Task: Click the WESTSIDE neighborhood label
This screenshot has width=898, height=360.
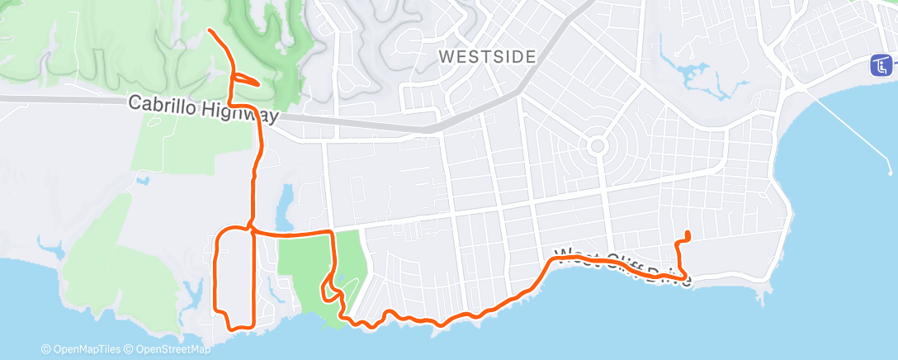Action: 487,57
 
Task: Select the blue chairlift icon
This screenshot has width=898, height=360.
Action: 882,64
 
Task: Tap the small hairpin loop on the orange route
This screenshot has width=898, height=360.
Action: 246,78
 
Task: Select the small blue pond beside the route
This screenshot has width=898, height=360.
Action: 285,206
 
